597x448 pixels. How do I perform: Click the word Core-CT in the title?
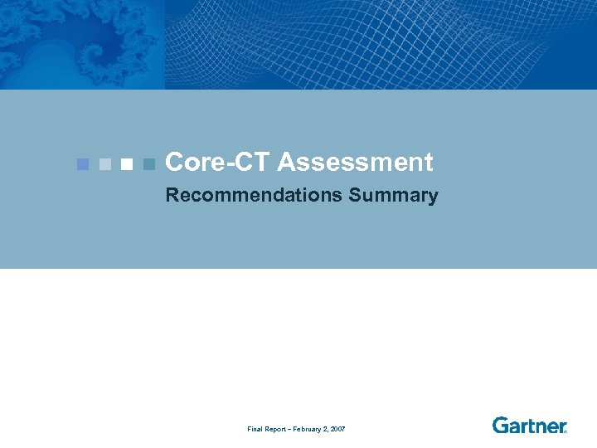tap(218, 163)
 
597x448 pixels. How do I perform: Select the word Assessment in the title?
tap(356, 163)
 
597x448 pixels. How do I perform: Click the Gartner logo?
tap(529, 426)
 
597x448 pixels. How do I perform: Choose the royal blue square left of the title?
tap(82, 163)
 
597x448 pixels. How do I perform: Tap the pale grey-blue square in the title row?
tap(104, 163)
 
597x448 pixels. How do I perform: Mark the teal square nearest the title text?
tap(148, 163)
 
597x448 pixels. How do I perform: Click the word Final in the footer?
tap(255, 429)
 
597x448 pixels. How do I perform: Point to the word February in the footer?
tap(308, 429)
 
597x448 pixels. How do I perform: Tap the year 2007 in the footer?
tap(337, 429)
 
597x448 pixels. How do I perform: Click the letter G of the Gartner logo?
tap(501, 426)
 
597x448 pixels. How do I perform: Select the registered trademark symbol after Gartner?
tap(565, 431)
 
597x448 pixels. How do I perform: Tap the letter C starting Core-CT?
tap(175, 163)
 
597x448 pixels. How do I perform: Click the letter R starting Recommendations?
tap(172, 196)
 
